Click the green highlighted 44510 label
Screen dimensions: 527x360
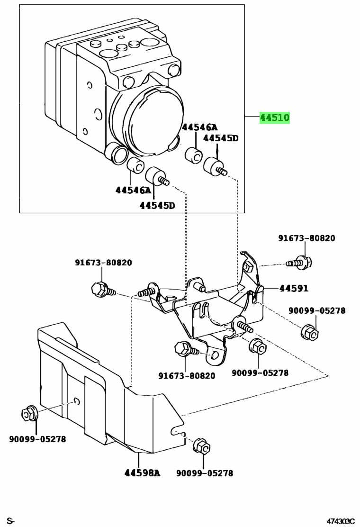click(x=274, y=118)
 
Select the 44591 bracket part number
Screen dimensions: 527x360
click(x=294, y=288)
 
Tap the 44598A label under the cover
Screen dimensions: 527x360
click(x=143, y=472)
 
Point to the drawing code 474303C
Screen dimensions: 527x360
click(x=339, y=521)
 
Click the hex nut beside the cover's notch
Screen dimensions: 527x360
click(x=202, y=446)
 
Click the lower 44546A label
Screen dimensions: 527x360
click(x=133, y=191)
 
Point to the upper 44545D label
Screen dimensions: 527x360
click(x=221, y=138)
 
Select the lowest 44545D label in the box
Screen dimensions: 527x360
click(x=157, y=206)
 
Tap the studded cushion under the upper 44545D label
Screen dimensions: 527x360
click(x=215, y=167)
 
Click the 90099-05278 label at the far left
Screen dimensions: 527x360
click(x=37, y=439)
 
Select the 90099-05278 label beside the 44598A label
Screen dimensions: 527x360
click(x=205, y=473)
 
